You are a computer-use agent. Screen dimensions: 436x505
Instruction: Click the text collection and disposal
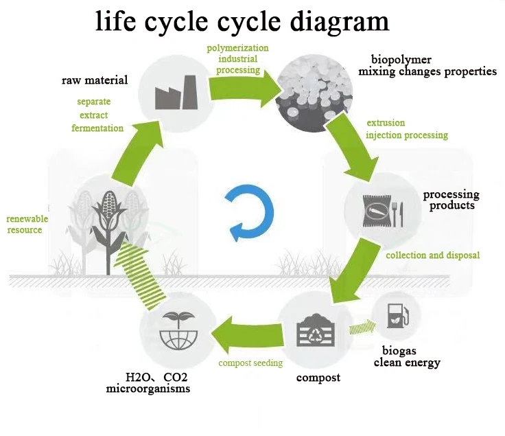click(x=432, y=255)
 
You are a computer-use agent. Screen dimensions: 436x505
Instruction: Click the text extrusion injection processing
click(x=406, y=129)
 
